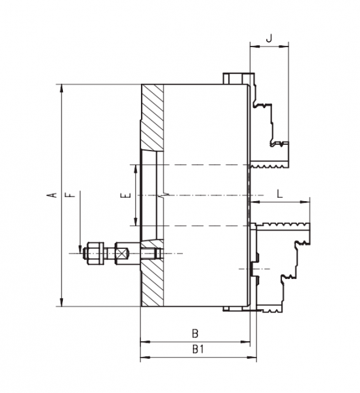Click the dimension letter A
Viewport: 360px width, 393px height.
[x=52, y=195]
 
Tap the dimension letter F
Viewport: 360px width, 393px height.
[x=71, y=195]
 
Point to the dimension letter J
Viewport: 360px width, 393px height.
[x=270, y=38]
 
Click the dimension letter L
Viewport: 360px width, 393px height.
[x=280, y=194]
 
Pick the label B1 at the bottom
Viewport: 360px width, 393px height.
[x=198, y=349]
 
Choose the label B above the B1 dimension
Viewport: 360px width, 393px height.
[x=195, y=333]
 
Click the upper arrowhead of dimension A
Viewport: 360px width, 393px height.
[x=62, y=88]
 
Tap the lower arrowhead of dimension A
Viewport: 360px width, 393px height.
[x=62, y=302]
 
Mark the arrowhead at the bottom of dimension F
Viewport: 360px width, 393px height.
[x=80, y=249]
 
